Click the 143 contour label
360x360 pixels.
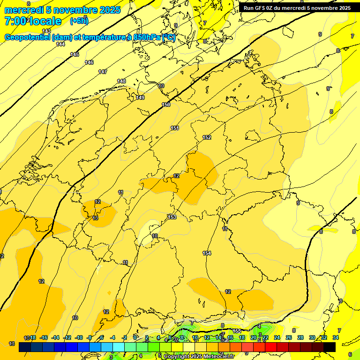pos(46,31)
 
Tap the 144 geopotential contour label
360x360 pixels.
pos(60,44)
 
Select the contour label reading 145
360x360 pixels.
pos(75,55)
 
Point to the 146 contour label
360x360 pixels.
pos(89,62)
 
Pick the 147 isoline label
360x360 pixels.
pos(103,72)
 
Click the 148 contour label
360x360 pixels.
pos(121,81)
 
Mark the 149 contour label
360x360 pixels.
pos(140,97)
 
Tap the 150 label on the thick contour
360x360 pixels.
pos(166,105)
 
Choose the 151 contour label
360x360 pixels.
pos(175,128)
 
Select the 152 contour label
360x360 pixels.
pos(207,137)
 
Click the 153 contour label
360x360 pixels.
pos(172,217)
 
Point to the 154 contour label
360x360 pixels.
pos(207,253)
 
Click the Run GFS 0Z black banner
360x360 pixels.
pos(297,8)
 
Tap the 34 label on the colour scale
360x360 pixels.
pos(336,337)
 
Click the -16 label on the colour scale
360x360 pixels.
pos(44,337)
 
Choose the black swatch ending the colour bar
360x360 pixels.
pos(330,347)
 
